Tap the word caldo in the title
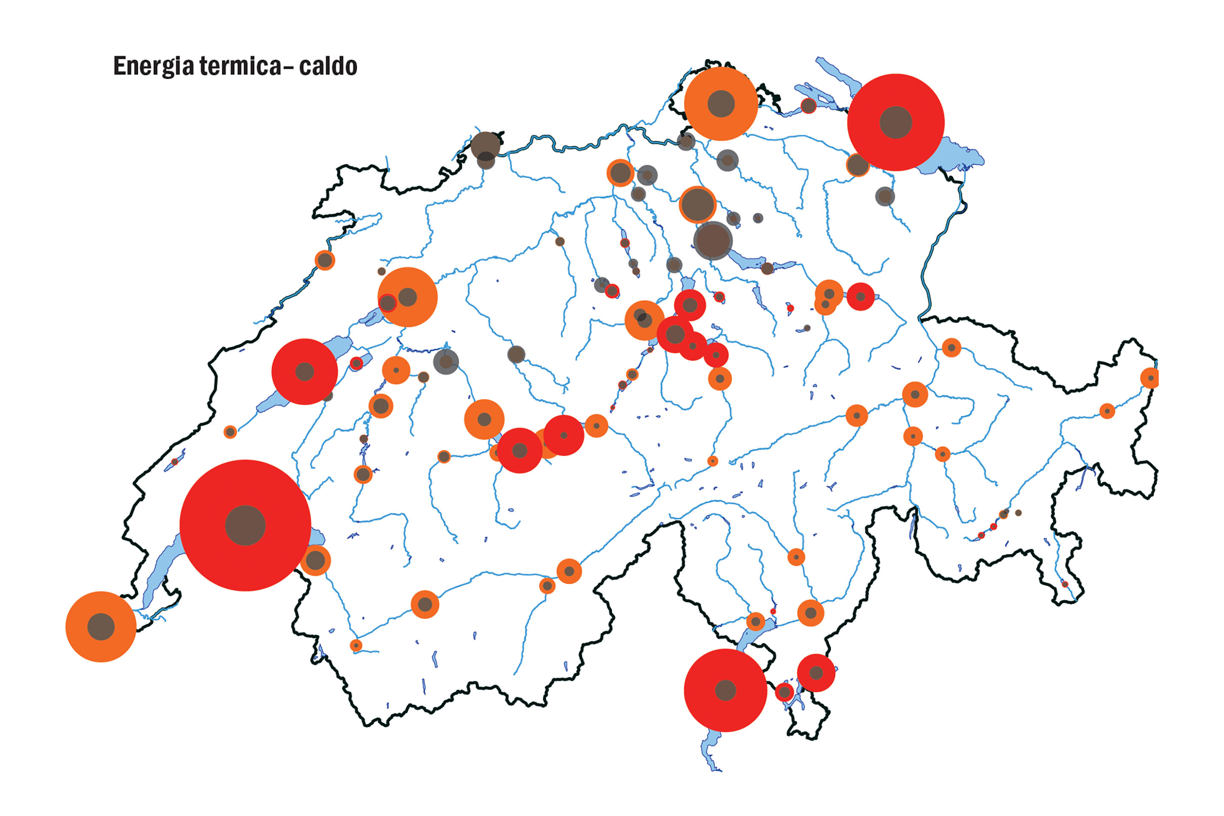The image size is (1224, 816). (328, 66)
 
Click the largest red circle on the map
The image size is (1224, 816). (245, 525)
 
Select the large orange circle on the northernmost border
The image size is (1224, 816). (721, 104)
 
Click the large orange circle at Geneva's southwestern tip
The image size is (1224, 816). (101, 626)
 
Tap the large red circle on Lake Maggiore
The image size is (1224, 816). (725, 690)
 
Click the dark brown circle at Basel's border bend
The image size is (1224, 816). (485, 145)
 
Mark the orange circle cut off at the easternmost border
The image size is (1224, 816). (1150, 378)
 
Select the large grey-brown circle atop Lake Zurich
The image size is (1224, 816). (713, 241)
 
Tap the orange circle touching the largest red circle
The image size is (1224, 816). (315, 561)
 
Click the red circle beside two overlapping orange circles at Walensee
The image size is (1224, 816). (860, 297)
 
